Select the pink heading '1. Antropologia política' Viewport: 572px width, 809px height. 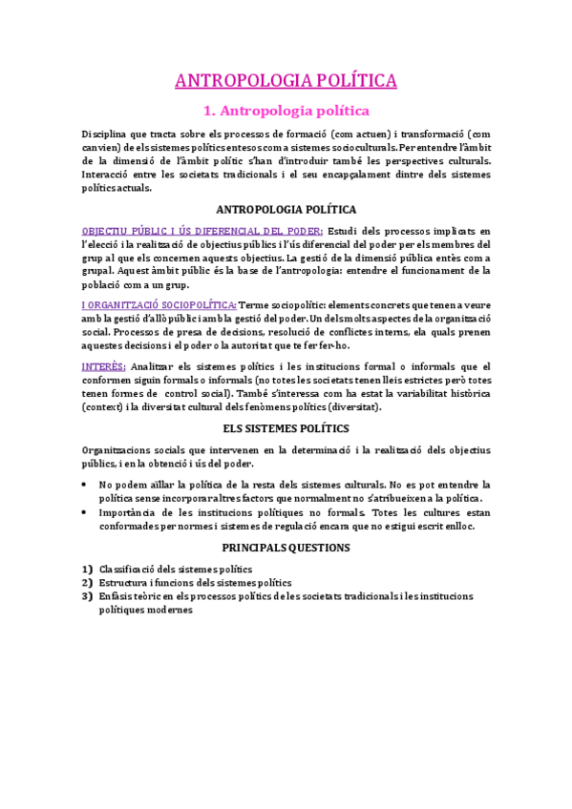pos(286,112)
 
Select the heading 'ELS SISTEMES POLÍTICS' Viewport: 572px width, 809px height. pos(286,429)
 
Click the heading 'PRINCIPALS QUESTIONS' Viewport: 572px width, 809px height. pos(286,549)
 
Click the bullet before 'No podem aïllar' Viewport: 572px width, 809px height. pos(86,485)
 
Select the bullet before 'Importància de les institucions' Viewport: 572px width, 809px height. pos(86,512)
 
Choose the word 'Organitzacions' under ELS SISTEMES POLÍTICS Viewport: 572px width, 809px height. pos(117,450)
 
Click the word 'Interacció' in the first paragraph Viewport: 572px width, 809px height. pos(107,176)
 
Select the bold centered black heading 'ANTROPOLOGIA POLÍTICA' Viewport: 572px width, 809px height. pos(286,209)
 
